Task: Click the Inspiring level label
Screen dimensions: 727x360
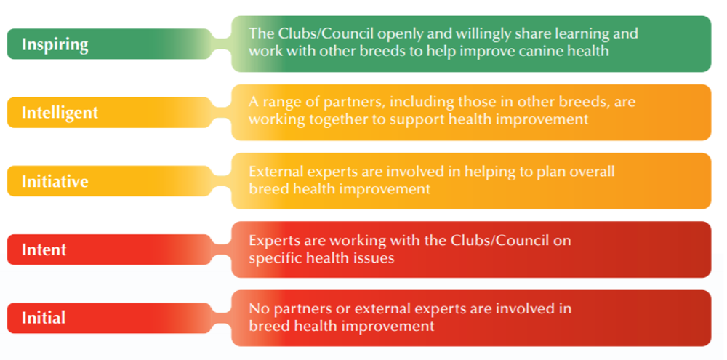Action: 55,44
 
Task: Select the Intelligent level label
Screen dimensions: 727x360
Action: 60,113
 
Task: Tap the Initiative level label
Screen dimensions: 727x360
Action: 55,181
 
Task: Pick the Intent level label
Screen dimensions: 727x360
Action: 44,249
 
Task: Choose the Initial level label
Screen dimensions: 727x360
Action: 44,318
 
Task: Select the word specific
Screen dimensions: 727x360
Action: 275,257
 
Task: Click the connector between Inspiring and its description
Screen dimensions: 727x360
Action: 221,44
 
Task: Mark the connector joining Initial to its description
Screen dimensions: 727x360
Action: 221,318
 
